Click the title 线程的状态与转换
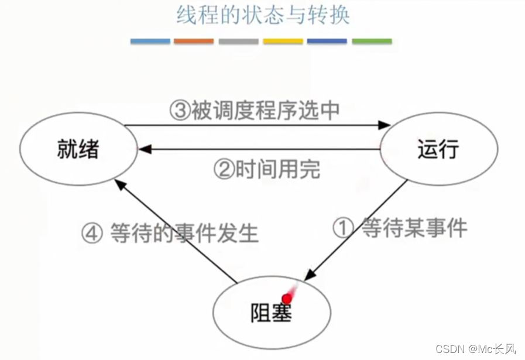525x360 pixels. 263,15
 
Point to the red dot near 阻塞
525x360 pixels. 287,298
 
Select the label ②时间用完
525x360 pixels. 266,170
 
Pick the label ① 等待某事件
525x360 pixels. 400,228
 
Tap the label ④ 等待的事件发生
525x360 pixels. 170,233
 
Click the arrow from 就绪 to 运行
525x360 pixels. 258,125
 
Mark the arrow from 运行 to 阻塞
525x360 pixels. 357,228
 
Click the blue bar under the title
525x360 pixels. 150,42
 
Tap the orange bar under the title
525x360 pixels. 194,42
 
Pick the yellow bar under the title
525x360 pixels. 283,42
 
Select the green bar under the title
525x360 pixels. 372,42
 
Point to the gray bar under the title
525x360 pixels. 238,42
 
